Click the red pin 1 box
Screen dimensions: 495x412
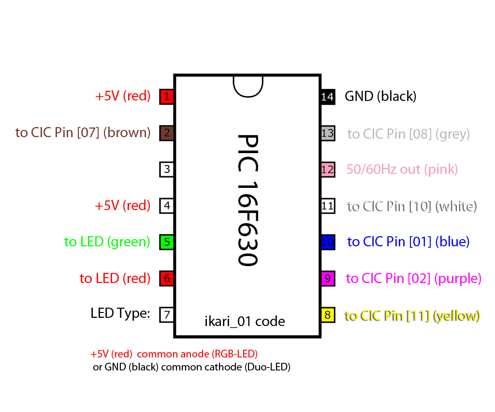166,96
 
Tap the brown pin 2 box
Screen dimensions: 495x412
166,133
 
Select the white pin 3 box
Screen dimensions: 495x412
166,169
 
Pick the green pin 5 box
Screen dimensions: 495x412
166,242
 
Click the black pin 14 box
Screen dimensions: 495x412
328,97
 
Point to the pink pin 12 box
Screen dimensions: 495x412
328,170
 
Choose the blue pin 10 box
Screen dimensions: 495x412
328,242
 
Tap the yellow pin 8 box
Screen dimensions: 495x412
328,315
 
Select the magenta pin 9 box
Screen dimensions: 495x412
328,279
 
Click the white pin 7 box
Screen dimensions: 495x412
166,314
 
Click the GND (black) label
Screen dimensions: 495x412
380,96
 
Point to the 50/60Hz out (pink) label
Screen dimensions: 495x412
402,170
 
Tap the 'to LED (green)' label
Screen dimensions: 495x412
107,242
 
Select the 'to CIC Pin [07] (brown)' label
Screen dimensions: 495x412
83,132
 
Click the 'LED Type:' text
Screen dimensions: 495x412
120,313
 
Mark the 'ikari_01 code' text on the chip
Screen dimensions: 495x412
245,322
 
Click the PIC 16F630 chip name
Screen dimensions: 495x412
248,200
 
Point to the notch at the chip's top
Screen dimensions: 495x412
248,86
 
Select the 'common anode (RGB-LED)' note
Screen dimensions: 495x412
197,354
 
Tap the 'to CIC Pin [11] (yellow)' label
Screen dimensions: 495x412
412,315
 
